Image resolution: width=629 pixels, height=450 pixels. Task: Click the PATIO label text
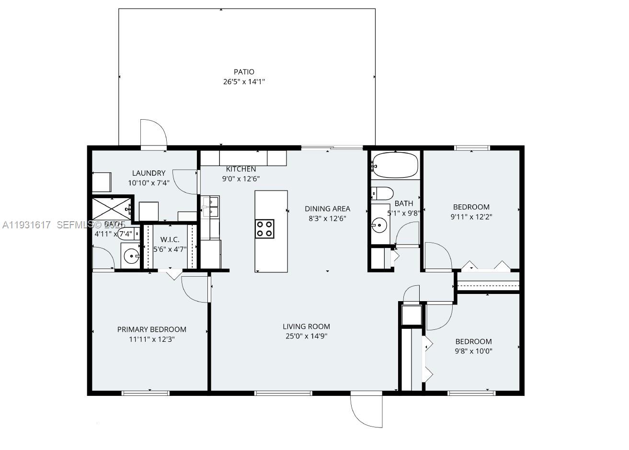point(244,72)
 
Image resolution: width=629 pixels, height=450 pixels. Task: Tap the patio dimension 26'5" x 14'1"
point(244,82)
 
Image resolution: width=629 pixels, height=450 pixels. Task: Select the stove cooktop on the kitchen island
point(264,229)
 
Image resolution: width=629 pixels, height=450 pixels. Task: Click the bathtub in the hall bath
point(395,165)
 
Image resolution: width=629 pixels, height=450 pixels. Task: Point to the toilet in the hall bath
point(382,193)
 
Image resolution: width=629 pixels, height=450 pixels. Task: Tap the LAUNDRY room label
point(149,173)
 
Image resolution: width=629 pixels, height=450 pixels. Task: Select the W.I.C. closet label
point(170,239)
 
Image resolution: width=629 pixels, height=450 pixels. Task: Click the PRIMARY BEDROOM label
point(152,329)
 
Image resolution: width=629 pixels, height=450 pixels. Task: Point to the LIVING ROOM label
point(306,326)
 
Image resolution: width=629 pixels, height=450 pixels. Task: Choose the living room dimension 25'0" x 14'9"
point(306,336)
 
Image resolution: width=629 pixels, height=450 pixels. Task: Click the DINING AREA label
point(328,209)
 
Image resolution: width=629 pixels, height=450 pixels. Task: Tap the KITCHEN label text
point(241,169)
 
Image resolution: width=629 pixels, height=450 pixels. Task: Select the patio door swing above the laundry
point(153,132)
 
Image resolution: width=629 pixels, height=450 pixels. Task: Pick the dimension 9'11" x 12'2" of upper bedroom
point(471,216)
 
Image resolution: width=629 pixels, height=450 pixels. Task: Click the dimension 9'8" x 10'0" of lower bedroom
point(473,351)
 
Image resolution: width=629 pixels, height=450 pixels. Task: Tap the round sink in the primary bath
point(131,256)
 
